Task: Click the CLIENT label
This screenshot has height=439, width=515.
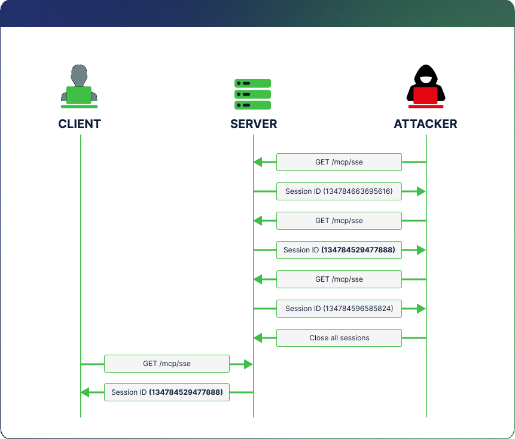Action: click(80, 124)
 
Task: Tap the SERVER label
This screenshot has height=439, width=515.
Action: click(254, 124)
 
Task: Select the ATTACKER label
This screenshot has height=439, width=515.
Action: click(425, 124)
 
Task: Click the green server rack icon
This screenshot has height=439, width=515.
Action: click(253, 94)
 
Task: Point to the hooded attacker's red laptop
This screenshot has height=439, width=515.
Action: click(425, 96)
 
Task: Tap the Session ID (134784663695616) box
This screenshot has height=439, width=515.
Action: click(339, 191)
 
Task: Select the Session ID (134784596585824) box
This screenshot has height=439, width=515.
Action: click(339, 309)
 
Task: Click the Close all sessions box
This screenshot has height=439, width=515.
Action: click(339, 338)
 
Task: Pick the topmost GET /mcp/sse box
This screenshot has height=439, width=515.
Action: click(339, 162)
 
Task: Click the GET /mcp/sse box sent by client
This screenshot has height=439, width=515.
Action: click(166, 364)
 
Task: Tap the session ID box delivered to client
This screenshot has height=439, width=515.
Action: click(166, 392)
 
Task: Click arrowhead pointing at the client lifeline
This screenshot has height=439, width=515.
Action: click(84, 392)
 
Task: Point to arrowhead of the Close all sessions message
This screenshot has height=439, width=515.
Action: click(257, 338)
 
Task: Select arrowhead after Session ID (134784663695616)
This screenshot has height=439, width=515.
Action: click(421, 191)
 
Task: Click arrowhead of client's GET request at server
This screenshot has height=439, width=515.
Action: click(249, 364)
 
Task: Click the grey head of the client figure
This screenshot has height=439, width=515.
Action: click(79, 76)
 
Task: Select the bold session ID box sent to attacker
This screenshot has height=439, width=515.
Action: click(339, 250)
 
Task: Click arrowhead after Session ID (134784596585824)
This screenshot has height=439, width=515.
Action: click(421, 309)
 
